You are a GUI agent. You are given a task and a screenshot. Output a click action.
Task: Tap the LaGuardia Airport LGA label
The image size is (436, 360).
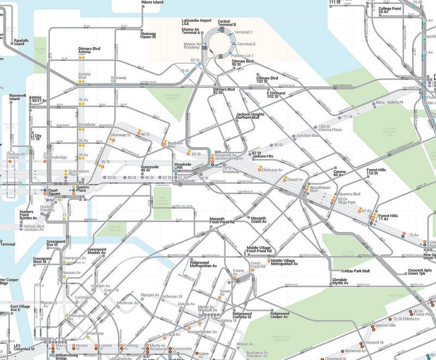point(197,22)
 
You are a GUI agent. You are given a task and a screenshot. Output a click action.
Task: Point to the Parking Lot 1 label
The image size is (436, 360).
point(242,56)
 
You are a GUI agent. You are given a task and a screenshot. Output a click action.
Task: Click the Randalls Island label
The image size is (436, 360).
point(21,42)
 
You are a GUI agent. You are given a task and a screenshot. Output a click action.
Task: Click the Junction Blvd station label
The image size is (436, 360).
point(307,135)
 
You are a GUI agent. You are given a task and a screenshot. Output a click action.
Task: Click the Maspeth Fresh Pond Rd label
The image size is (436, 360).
point(222,220)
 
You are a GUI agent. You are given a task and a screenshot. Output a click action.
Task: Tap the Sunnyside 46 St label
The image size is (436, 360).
point(149,168)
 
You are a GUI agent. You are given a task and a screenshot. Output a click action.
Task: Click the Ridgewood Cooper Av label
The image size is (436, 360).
point(280,315)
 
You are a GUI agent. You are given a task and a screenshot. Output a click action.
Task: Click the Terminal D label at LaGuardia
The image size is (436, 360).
point(246,44)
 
